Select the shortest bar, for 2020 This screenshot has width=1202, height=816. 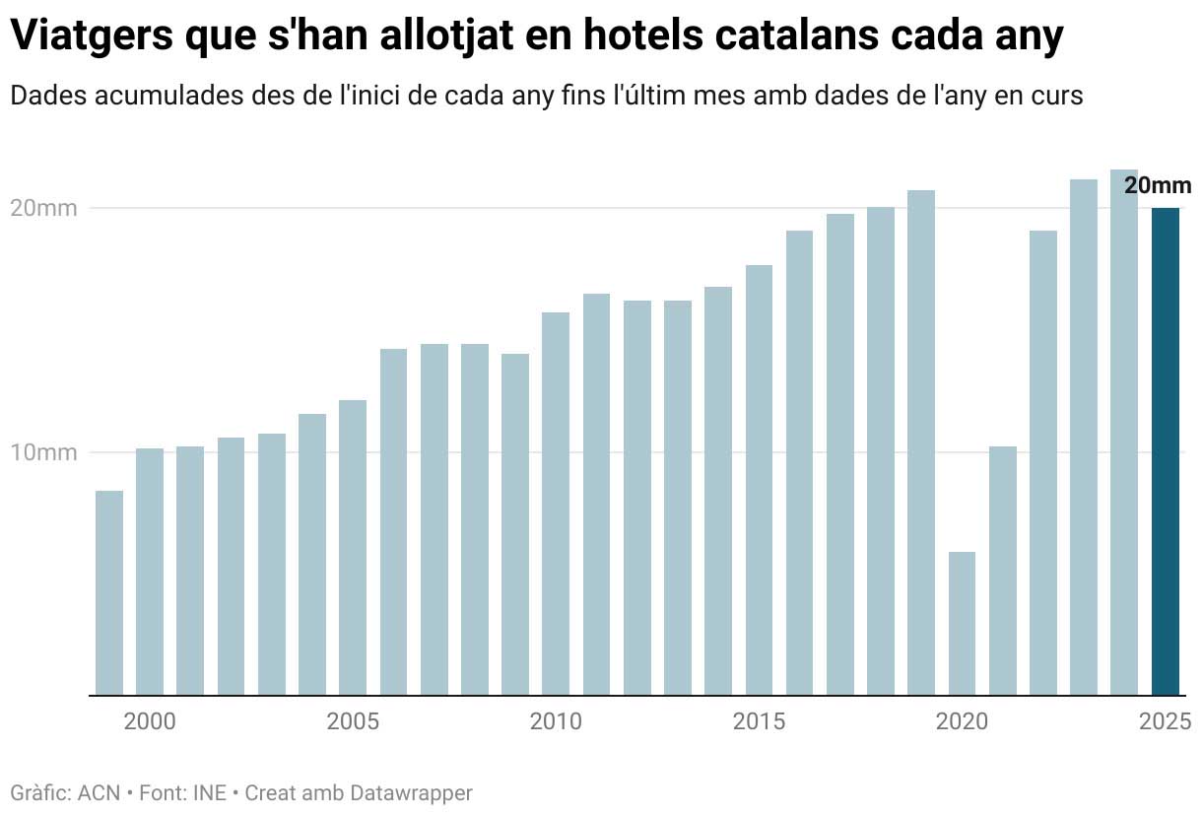[x=962, y=623]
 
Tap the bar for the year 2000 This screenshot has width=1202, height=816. [x=150, y=572]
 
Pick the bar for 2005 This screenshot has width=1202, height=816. [x=353, y=547]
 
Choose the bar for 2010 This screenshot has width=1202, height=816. [x=556, y=503]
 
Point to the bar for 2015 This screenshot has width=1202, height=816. [x=759, y=480]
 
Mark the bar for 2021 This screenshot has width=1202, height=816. [x=1003, y=571]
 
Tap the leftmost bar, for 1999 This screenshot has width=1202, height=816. [x=109, y=592]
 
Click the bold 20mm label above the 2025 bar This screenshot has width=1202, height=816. [x=1158, y=185]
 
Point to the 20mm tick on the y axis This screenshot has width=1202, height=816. [x=43, y=208]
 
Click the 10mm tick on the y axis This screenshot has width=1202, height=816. [x=43, y=453]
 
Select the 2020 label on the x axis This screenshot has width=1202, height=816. [x=962, y=722]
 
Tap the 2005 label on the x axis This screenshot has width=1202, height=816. [x=353, y=722]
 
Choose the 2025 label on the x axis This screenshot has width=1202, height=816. [x=1166, y=722]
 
